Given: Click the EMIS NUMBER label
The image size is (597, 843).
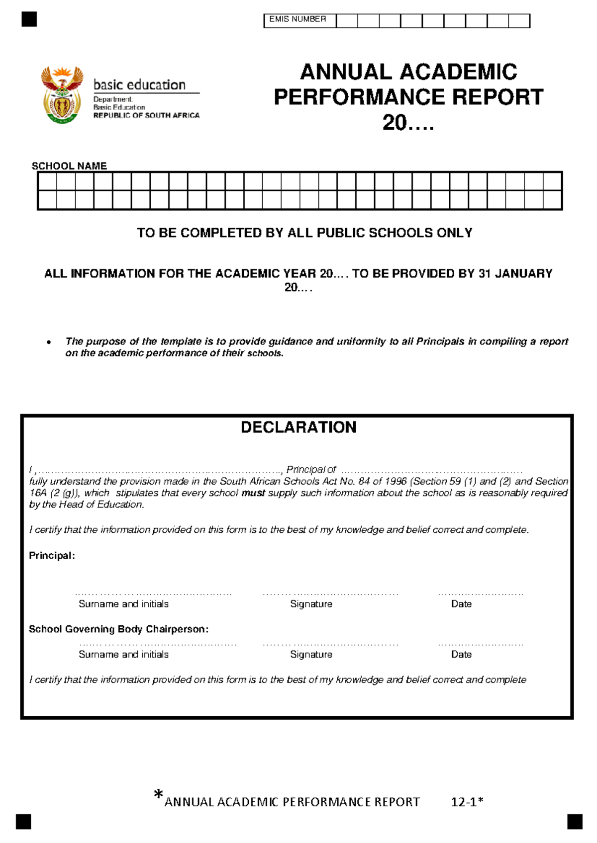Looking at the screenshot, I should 298,19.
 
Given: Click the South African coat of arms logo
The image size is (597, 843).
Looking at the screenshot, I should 62,95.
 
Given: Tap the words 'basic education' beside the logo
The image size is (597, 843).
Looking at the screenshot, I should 139,85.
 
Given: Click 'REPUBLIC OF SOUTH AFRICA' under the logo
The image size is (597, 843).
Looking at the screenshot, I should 146,115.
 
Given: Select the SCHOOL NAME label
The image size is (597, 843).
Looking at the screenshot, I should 69,166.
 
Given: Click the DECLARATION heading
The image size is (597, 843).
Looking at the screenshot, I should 298,427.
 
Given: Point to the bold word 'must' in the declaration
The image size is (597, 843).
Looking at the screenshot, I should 253,493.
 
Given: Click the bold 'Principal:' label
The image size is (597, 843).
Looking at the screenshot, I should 52,556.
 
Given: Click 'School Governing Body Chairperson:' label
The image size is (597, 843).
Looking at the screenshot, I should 118,629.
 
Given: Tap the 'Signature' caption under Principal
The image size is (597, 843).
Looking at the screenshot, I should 311,604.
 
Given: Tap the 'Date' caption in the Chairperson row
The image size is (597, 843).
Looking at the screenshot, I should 461,655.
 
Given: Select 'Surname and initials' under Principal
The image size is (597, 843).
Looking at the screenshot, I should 123,604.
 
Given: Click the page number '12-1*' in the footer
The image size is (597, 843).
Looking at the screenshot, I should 467,802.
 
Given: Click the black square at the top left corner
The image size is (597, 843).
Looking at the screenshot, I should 29,19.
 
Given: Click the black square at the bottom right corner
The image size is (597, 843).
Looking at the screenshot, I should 575,822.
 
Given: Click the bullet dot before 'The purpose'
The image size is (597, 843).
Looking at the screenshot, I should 49,342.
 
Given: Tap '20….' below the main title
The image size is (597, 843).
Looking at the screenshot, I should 408,123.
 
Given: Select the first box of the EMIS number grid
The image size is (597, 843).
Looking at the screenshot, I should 347,21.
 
